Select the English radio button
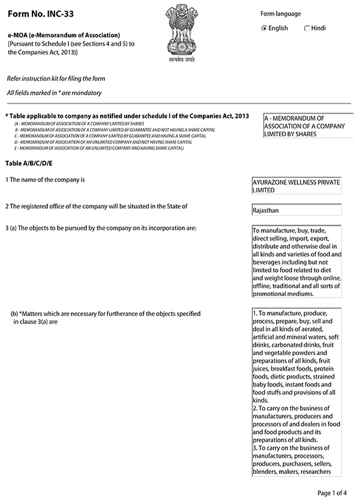265,28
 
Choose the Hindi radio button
307,28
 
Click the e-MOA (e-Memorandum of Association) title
64,35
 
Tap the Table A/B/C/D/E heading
29,163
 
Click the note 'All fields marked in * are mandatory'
55,93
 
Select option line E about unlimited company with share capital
99,148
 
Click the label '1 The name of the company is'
46,180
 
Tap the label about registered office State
96,206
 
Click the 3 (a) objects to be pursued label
101,228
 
